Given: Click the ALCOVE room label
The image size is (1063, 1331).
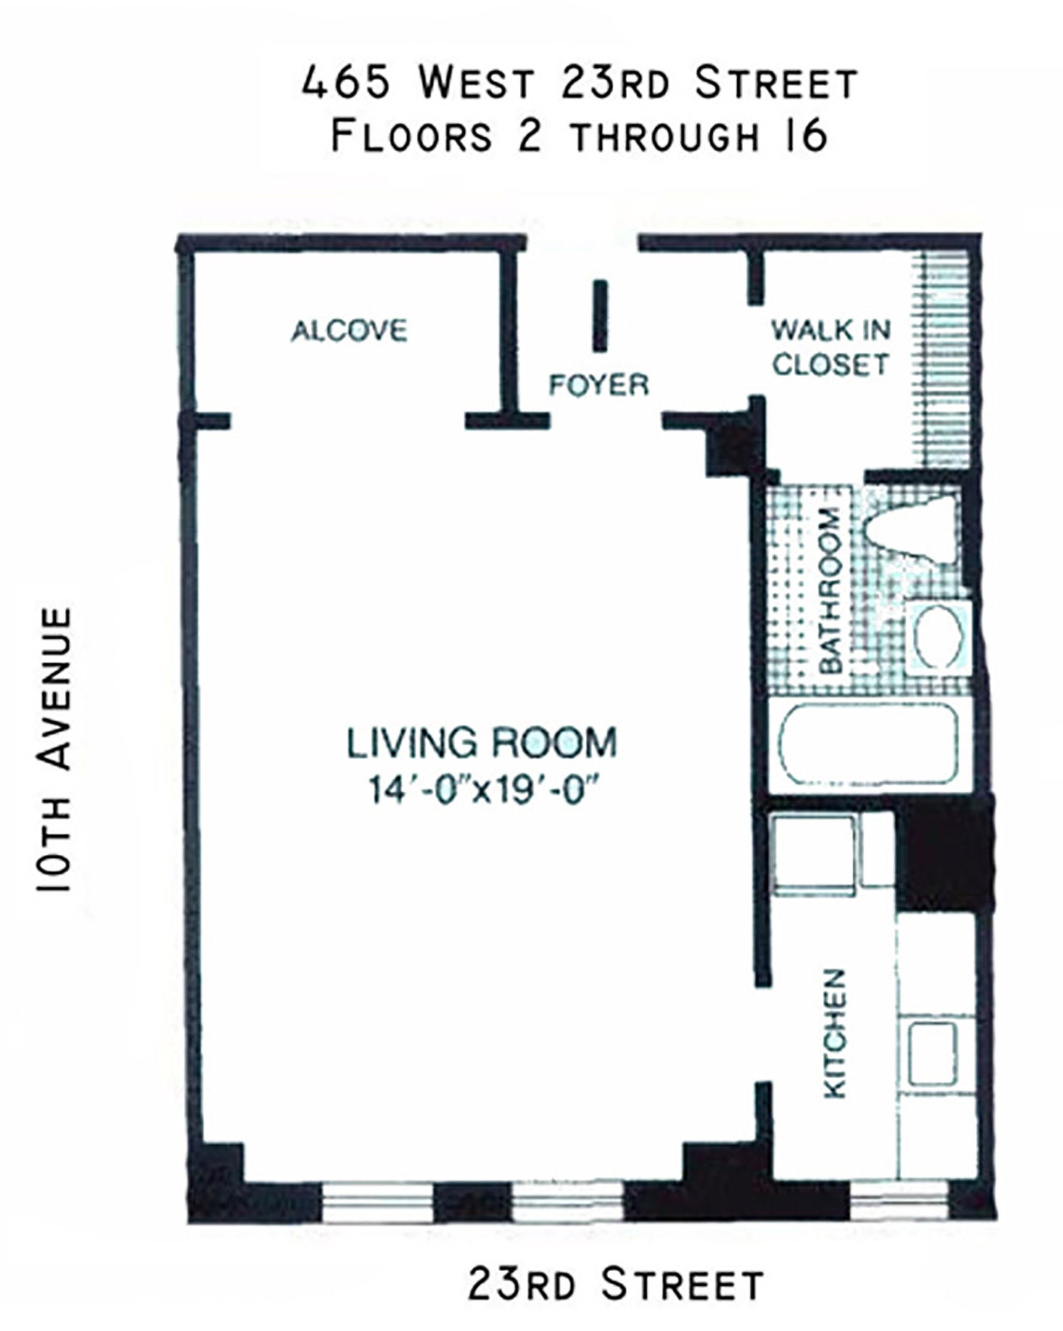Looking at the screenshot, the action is [x=349, y=331].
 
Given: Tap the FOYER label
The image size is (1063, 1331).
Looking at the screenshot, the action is [x=599, y=385].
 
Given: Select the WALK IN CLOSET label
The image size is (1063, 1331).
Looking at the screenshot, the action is [x=831, y=347].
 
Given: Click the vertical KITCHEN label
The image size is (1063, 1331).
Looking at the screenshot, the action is [x=834, y=1033].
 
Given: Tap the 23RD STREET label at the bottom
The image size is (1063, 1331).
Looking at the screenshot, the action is [x=616, y=1282].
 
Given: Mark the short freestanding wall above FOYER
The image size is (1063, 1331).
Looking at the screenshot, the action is [x=600, y=316].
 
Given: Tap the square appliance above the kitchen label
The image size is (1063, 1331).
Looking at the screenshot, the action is [x=814, y=855].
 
